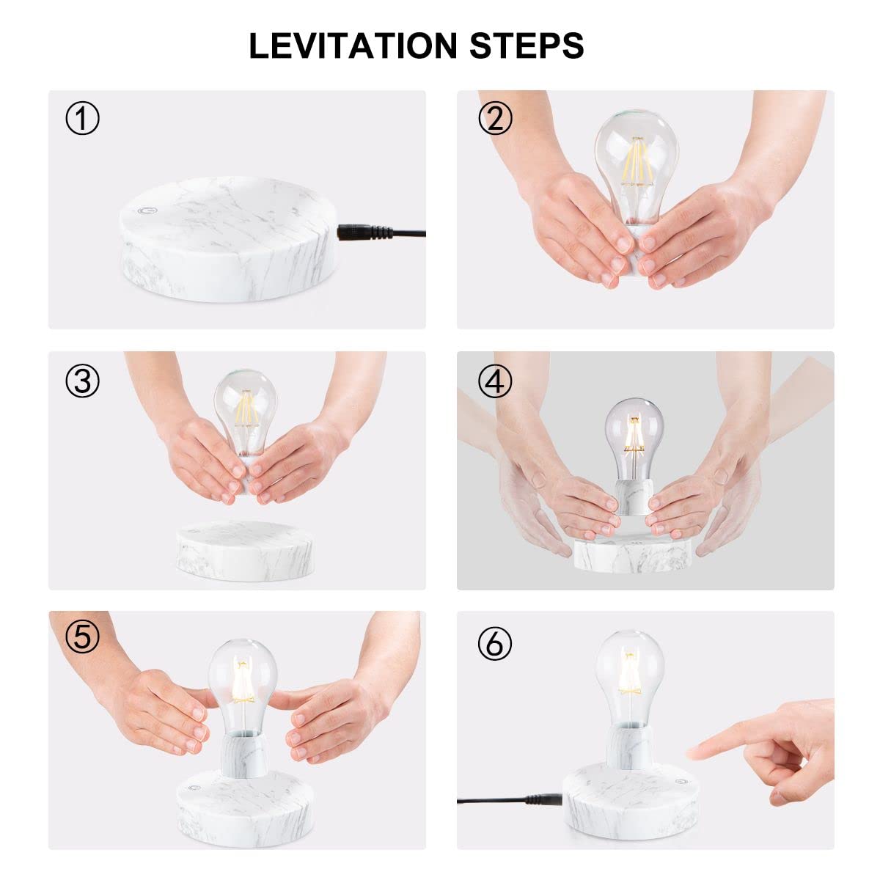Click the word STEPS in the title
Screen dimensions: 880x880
[x=527, y=45]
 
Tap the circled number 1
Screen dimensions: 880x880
[x=82, y=118]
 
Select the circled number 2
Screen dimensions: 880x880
[x=495, y=118]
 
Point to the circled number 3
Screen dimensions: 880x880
[x=82, y=381]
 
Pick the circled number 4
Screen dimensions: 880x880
[x=495, y=381]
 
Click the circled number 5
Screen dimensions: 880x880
[x=82, y=637]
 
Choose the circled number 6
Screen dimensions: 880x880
[x=495, y=645]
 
